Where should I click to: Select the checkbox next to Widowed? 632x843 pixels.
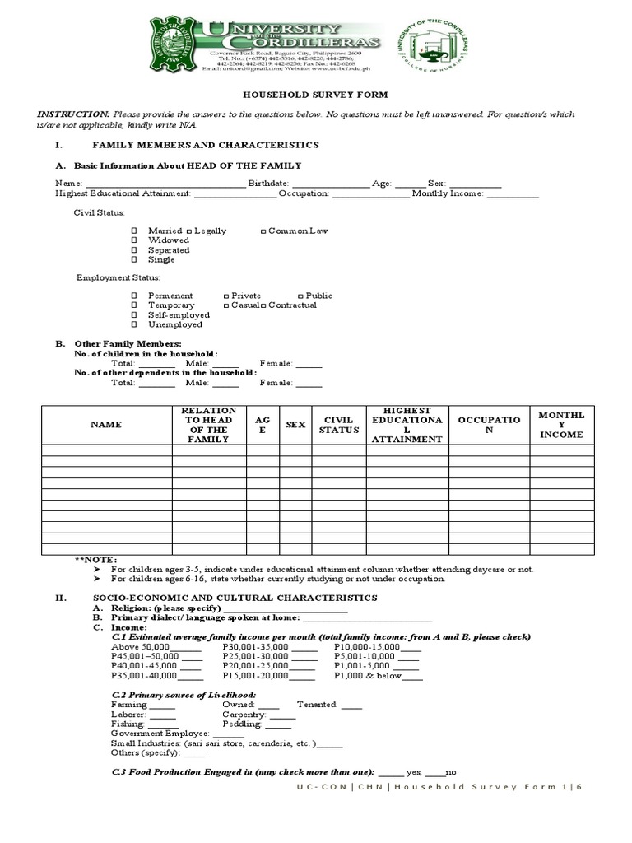pyautogui.click(x=134, y=240)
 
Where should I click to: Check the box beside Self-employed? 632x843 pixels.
pyautogui.click(x=134, y=315)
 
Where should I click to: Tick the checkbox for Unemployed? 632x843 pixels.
pyautogui.click(x=134, y=325)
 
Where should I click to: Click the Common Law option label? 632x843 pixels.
pyautogui.click(x=297, y=231)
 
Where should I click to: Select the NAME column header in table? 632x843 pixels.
pyautogui.click(x=106, y=425)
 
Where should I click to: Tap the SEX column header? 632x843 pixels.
pyautogui.click(x=295, y=425)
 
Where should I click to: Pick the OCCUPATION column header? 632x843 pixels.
pyautogui.click(x=489, y=425)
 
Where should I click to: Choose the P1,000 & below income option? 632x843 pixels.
pyautogui.click(x=367, y=676)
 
